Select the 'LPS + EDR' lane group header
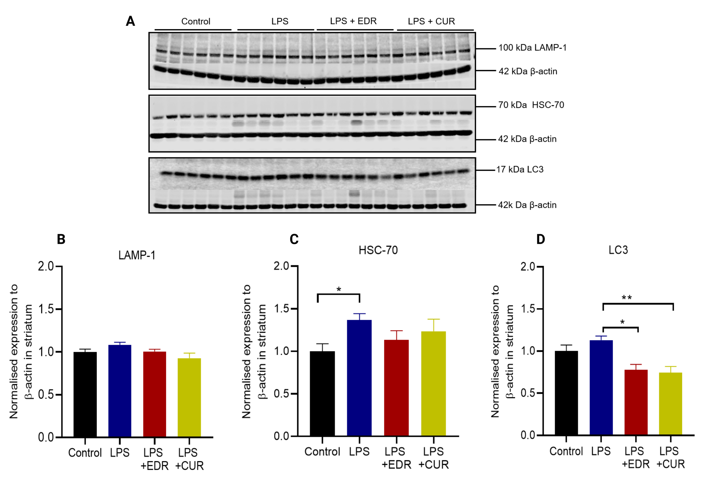(353, 21)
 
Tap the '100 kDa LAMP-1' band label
(532, 48)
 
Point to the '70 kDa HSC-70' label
(531, 105)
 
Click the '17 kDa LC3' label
(520, 169)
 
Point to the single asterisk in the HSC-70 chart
(339, 289)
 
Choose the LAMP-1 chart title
(137, 255)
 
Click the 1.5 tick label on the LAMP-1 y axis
(46, 309)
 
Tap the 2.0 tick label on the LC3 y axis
(528, 266)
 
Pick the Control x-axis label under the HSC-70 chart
(322, 451)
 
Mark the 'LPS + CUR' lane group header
(431, 21)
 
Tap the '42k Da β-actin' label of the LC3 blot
(527, 205)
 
